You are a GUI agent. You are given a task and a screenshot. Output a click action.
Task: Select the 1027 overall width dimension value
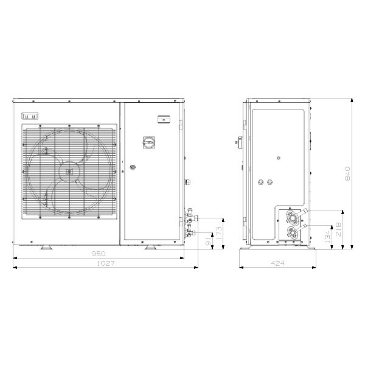click(x=105, y=263)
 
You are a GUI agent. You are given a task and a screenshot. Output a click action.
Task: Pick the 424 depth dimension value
click(x=277, y=263)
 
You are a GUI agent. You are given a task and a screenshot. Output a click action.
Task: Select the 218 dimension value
click(x=338, y=229)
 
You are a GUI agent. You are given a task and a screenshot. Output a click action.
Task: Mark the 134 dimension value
click(x=328, y=237)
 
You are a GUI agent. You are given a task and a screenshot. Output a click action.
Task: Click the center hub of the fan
click(x=69, y=172)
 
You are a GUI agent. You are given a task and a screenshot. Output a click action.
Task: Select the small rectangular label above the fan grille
click(x=30, y=116)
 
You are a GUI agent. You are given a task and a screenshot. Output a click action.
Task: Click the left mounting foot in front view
click(x=46, y=247)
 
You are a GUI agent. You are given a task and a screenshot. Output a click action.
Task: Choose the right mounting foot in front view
click(x=149, y=247)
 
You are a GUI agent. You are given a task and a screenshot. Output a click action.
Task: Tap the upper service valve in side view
click(x=294, y=217)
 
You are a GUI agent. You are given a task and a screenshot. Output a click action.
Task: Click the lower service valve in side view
click(x=294, y=232)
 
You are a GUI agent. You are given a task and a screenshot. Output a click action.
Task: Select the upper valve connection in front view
click(x=190, y=214)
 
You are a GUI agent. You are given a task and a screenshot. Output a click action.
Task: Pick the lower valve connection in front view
click(x=190, y=230)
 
